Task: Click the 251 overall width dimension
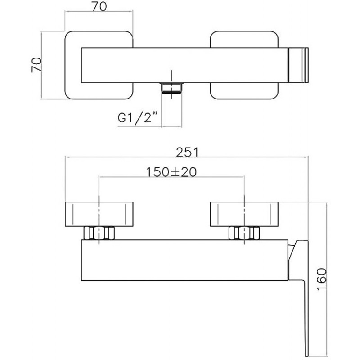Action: point(187,152)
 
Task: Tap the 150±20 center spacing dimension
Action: point(171,172)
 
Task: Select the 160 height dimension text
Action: point(321,279)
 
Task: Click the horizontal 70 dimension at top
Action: point(99,6)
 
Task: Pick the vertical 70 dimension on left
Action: point(36,65)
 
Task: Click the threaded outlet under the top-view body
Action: point(171,88)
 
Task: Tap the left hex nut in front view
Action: point(99,233)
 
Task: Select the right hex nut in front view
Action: point(244,233)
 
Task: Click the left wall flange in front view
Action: point(99,214)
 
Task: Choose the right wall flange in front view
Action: point(244,214)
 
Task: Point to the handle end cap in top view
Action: point(298,65)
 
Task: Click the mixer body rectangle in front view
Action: point(185,260)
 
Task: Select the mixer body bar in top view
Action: point(185,65)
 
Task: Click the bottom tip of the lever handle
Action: point(307,357)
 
